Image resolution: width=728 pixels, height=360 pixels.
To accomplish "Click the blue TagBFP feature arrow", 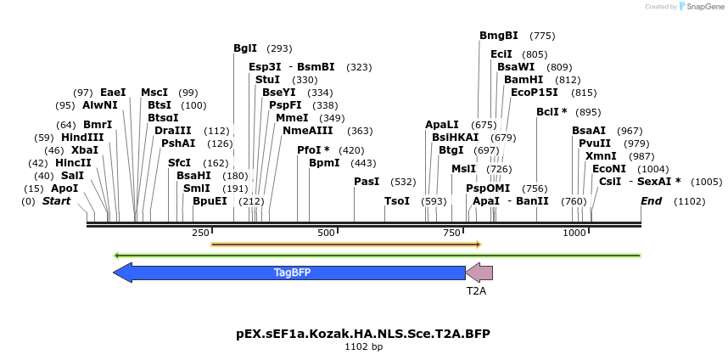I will tap(288, 273).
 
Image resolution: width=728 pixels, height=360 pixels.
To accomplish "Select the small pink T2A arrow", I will tap(479, 273).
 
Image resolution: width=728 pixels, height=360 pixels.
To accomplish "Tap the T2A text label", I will tap(476, 290).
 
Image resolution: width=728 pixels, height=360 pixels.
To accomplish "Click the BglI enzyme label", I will tap(245, 48).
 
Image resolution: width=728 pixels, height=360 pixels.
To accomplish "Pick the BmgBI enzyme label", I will tap(499, 36).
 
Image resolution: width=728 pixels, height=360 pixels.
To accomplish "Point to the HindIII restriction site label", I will tap(82, 138).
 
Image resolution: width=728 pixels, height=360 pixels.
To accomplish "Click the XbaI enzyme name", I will tap(85, 150).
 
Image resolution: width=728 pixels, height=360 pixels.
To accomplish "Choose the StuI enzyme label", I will tap(267, 80).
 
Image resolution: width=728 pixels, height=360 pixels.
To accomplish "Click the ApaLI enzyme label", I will tap(442, 125).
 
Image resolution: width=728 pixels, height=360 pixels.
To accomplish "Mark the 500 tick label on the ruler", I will tap(326, 233).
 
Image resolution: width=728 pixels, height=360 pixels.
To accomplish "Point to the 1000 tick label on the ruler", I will tap(575, 233).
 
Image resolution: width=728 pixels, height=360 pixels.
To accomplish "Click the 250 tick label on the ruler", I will tap(200, 233).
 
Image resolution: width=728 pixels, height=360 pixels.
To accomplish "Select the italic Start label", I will tap(57, 201).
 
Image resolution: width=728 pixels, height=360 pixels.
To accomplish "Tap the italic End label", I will tap(651, 201).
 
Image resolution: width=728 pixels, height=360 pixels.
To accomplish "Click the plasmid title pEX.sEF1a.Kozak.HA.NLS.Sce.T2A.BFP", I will tap(363, 334).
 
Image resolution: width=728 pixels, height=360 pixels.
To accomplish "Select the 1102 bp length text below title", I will tap(363, 346).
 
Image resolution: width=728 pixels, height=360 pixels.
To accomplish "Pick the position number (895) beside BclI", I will tap(588, 112).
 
